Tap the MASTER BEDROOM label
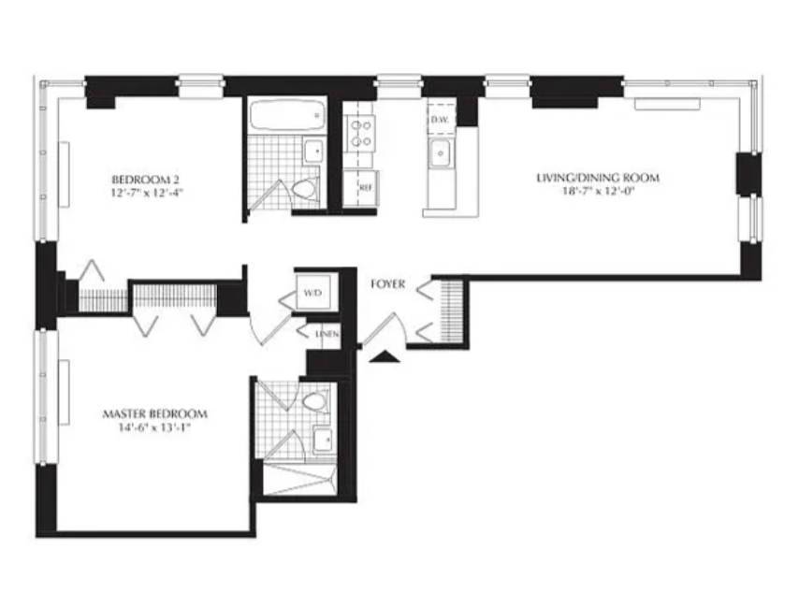(154, 413)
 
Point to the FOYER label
(387, 283)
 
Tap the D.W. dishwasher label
(440, 120)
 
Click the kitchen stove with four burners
(359, 132)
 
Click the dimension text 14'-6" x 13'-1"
(154, 427)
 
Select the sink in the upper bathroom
(312, 149)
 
